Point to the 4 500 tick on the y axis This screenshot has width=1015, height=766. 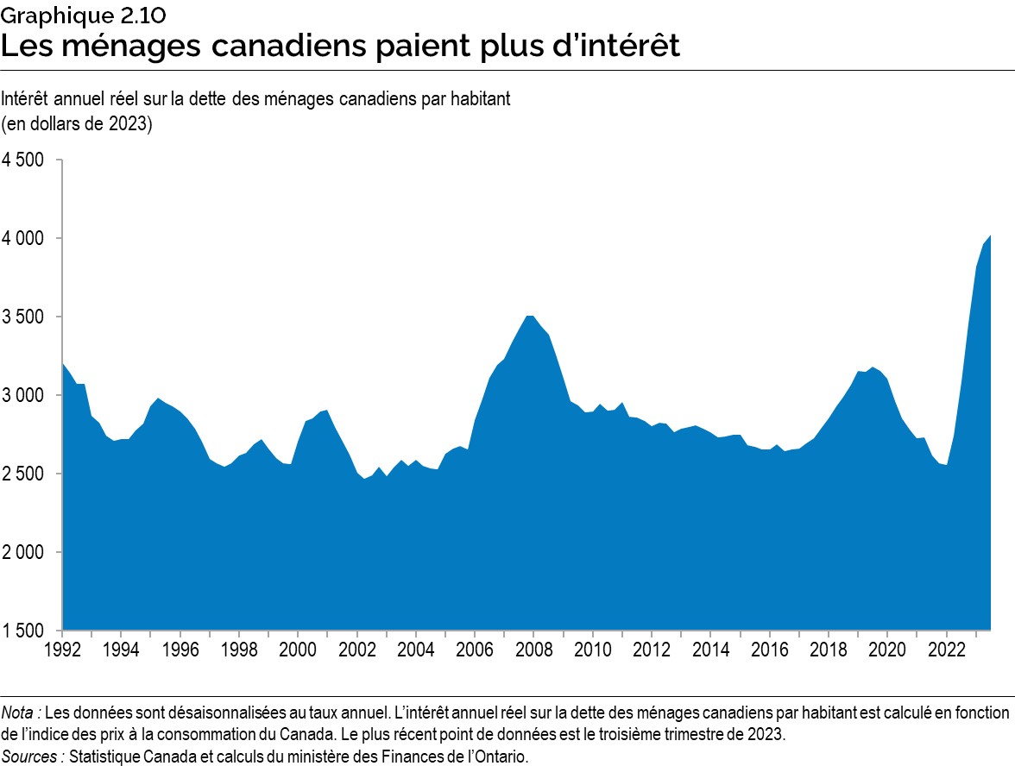coord(27,160)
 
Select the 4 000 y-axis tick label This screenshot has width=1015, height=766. coord(27,238)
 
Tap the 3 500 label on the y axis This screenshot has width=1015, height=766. coord(27,317)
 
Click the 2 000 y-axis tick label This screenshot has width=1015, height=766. coord(27,552)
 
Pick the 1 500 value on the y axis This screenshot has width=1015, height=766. coord(27,631)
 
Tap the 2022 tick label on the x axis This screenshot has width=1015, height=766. coord(946,646)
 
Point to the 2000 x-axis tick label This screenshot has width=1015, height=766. coord(299,646)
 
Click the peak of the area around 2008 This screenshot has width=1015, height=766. coord(529,316)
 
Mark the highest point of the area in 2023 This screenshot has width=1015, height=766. coord(989,235)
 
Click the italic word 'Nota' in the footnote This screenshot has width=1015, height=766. coord(19,713)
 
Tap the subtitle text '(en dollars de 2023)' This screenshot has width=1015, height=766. coord(78,123)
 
